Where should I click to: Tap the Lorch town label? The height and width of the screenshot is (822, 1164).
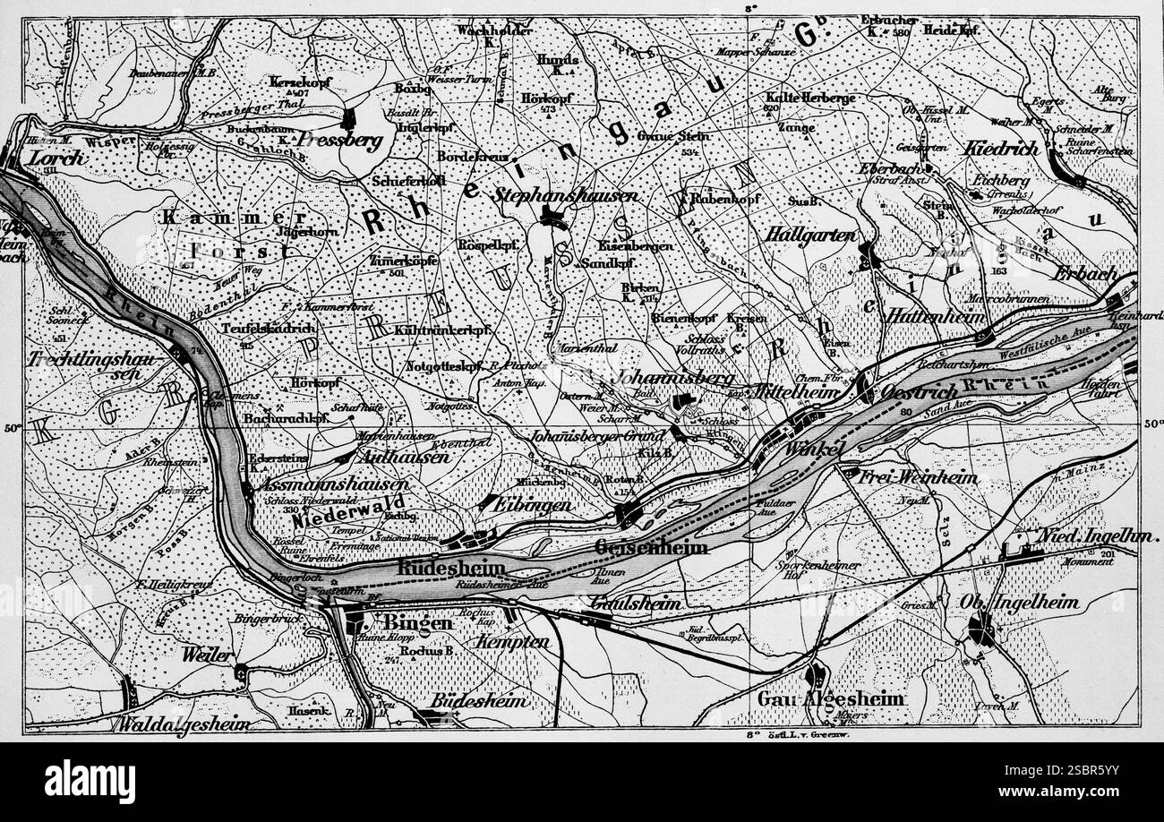[56, 158]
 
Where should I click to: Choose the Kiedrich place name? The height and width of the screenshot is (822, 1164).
[1000, 149]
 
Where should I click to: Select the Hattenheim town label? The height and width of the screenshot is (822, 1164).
[935, 317]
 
